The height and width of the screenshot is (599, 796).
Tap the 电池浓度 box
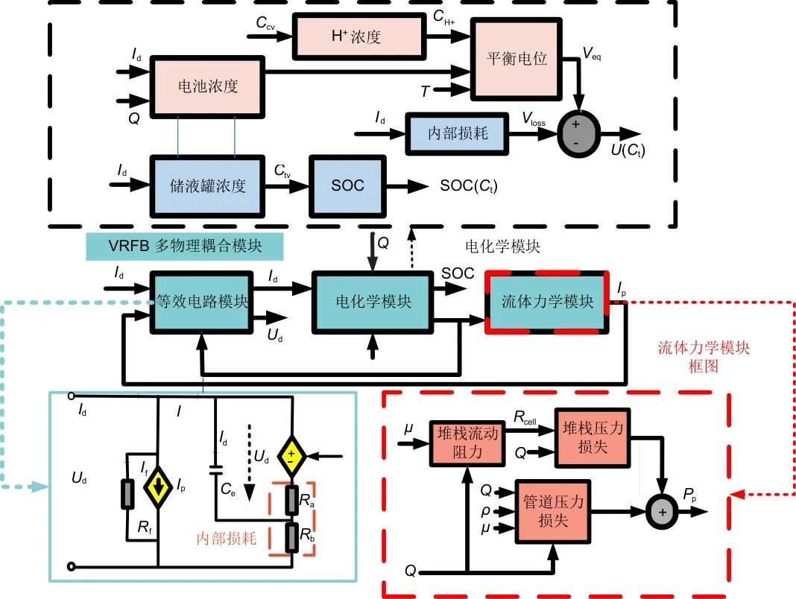click(x=208, y=86)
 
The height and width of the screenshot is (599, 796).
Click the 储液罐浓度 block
click(x=207, y=186)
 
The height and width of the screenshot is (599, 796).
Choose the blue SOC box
click(x=347, y=186)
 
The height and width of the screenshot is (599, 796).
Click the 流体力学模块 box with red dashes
click(x=547, y=302)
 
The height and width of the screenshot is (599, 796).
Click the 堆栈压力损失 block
click(x=593, y=436)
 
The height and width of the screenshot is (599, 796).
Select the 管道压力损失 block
click(x=553, y=510)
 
